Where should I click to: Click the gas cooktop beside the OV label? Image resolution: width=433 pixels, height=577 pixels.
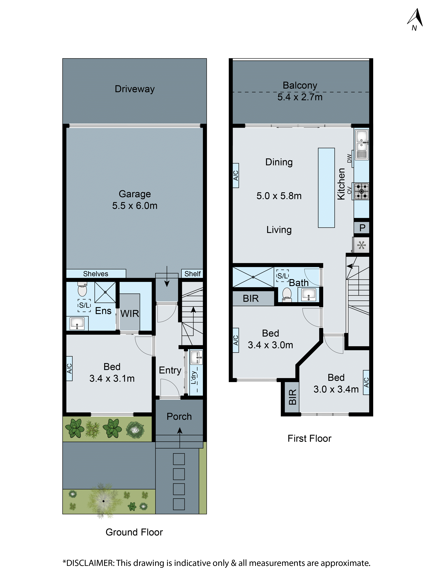click(362, 191)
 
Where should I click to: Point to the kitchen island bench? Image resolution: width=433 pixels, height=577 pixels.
click(326, 188)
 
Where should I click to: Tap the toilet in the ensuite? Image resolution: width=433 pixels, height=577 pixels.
click(82, 290)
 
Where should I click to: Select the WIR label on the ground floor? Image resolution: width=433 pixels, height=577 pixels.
click(130, 314)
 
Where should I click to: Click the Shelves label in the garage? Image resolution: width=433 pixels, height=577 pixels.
click(96, 274)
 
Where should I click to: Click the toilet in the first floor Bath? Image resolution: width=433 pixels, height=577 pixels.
click(287, 294)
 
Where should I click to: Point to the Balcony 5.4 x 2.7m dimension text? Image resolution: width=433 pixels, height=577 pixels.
click(300, 97)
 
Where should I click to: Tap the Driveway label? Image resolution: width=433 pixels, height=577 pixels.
click(135, 89)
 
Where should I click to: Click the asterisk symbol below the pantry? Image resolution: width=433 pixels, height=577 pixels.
click(362, 245)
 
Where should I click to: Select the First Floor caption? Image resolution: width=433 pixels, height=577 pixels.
click(309, 439)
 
